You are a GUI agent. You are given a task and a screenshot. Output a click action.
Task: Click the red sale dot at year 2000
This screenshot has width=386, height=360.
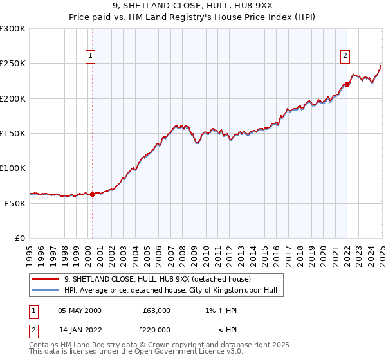pyautogui.click(x=92, y=194)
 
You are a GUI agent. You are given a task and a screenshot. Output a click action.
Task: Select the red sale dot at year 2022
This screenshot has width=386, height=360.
pyautogui.click(x=347, y=84)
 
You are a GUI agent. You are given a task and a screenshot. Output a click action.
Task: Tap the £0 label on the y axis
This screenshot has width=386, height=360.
pyautogui.click(x=19, y=238)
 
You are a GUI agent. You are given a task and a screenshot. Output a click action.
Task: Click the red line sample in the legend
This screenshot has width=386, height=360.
pyautogui.click(x=46, y=279)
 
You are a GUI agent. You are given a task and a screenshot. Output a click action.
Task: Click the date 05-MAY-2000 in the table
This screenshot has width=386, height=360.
pyautogui.click(x=80, y=310)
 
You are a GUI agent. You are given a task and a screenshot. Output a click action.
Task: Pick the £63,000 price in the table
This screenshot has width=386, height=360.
pyautogui.click(x=154, y=310)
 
